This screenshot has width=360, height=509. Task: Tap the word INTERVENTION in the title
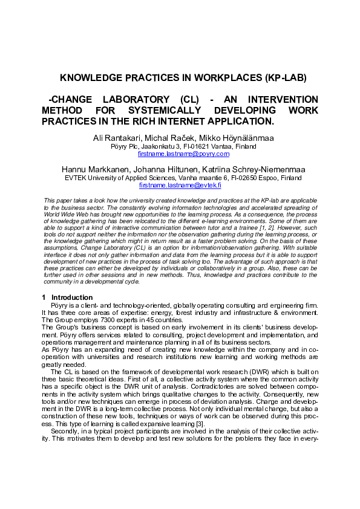click(284, 99)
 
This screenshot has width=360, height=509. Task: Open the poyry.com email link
click(180, 154)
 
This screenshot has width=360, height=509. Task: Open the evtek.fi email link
click(180, 186)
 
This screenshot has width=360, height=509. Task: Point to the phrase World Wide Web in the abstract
click(64, 213)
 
